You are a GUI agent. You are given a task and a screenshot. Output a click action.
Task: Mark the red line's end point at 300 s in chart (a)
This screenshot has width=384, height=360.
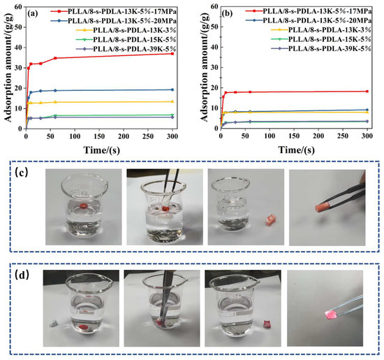(173, 53)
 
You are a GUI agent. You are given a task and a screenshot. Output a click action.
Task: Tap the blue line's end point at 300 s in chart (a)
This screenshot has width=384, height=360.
(173, 89)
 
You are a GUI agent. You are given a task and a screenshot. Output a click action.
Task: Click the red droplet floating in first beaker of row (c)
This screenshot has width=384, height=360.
(84, 206)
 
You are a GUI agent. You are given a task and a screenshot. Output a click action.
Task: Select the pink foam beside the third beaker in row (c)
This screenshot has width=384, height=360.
(269, 219)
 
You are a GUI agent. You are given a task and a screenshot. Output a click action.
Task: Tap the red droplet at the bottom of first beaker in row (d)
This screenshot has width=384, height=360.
(83, 326)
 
